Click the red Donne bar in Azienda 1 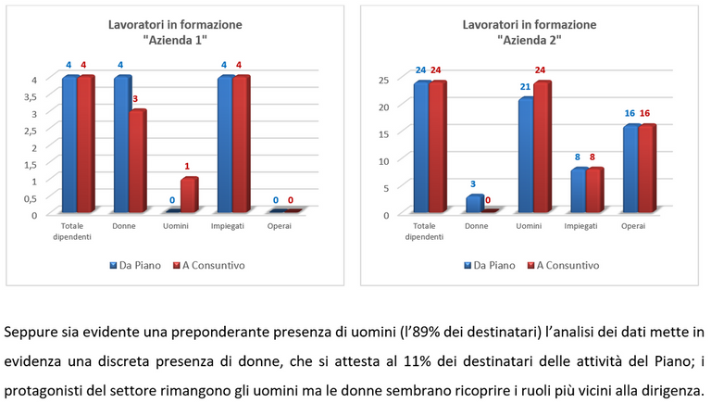pyautogui.click(x=135, y=162)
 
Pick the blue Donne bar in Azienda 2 pyautogui.click(x=473, y=205)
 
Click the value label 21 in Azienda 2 pyautogui.click(x=524, y=87)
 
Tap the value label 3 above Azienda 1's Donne pyautogui.click(x=137, y=99)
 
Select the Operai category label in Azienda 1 pyautogui.click(x=279, y=226)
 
